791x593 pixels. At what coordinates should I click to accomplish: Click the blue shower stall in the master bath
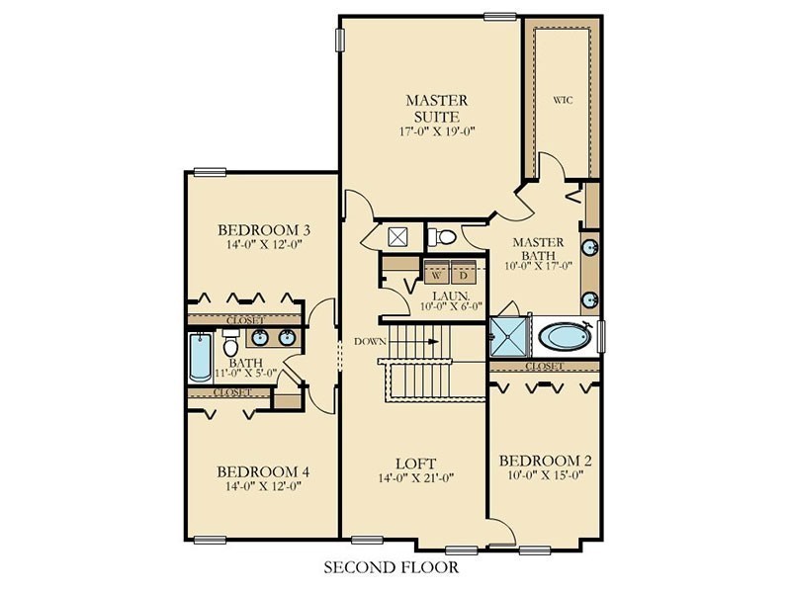tap(508, 336)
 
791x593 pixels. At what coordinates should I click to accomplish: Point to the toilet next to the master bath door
tap(442, 236)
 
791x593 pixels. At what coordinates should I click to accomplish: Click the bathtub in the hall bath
tap(201, 358)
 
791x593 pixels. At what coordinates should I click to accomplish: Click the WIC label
tap(563, 100)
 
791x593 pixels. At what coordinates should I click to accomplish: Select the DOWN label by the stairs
tap(370, 341)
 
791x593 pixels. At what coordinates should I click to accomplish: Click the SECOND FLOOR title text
tap(392, 567)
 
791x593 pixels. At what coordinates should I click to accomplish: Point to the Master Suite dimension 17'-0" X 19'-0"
tap(437, 132)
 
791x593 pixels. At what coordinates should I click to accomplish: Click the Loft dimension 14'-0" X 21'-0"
tap(416, 477)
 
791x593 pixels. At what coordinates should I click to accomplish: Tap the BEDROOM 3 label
tap(264, 230)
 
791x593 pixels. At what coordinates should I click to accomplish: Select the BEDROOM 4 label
tap(263, 472)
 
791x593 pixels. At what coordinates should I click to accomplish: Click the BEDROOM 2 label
tap(546, 461)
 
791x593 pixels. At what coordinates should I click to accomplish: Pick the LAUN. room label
tap(452, 296)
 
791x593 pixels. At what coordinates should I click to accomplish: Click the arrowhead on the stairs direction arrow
tap(433, 341)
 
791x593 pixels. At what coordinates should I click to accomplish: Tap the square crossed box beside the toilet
tap(398, 237)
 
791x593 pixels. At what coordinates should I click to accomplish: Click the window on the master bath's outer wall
tap(601, 336)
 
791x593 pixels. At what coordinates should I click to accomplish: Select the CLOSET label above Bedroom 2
tap(545, 366)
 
